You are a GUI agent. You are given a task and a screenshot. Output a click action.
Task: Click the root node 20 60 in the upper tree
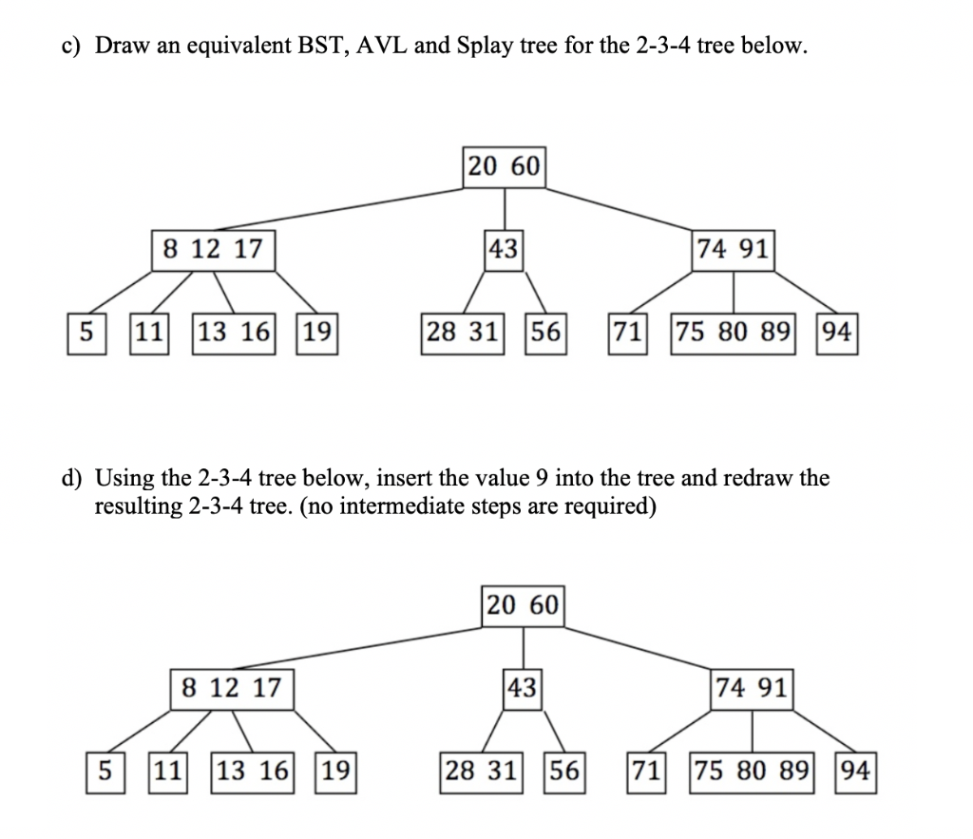pos(504,166)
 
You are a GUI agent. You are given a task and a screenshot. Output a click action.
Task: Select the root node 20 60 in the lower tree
pos(523,604)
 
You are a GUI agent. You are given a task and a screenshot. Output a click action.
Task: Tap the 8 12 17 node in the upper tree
pos(213,250)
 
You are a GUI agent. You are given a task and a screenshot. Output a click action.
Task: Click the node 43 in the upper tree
pos(504,250)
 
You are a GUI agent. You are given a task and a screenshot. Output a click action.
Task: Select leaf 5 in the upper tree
pos(86,333)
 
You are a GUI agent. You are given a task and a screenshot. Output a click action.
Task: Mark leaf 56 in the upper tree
pos(545,333)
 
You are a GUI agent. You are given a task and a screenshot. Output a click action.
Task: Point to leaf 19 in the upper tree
pos(317,333)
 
